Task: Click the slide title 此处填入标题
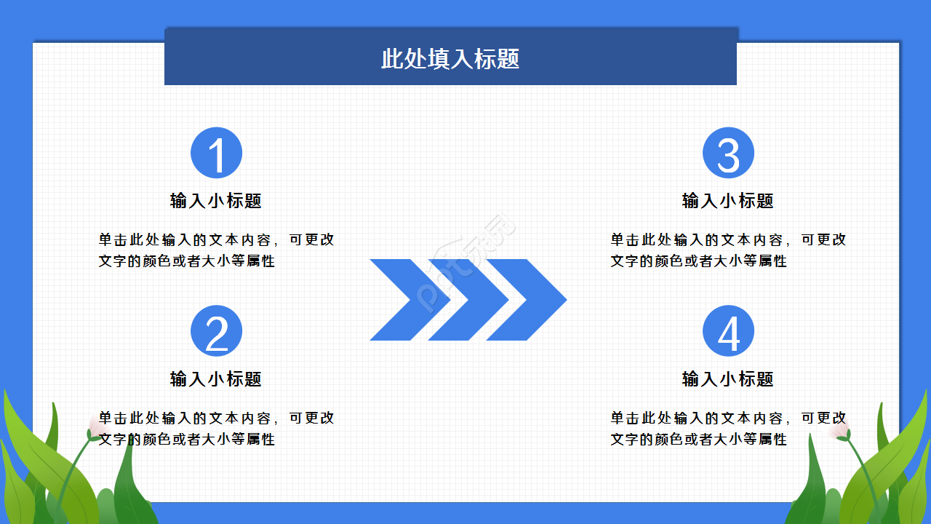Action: pos(450,59)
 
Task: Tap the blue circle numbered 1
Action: pos(216,153)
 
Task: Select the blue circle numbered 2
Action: pos(216,331)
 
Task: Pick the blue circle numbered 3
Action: pos(728,153)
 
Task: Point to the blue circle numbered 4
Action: pos(728,331)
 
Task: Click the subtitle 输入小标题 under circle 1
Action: pos(216,201)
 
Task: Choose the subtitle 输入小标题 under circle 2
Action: pos(216,379)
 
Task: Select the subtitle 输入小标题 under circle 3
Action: pos(728,201)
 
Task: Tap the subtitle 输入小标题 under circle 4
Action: pos(728,379)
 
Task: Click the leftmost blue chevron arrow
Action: pos(407,300)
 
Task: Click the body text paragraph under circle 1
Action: pos(216,250)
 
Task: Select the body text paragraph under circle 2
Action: pos(216,429)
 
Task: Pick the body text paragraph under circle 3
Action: pos(728,250)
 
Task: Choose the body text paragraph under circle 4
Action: pos(728,429)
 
